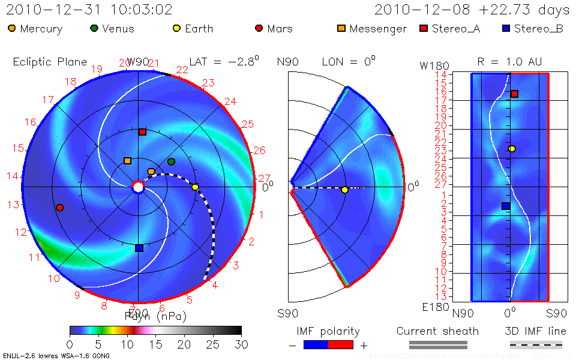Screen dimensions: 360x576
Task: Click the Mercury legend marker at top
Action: point(12,28)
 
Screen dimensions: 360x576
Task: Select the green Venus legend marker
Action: point(94,28)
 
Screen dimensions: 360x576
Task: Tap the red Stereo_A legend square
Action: point(423,28)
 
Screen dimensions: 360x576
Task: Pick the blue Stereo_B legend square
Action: point(506,28)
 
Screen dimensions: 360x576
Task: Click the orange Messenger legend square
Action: point(341,28)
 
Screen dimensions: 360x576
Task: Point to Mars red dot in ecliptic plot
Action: point(59,208)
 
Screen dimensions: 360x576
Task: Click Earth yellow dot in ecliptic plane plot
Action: point(195,187)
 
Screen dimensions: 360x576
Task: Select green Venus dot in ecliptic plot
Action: point(171,161)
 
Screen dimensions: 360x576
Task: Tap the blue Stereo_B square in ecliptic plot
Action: point(139,248)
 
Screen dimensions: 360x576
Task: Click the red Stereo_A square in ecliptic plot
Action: point(142,131)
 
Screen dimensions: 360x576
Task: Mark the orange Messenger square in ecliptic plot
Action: point(127,161)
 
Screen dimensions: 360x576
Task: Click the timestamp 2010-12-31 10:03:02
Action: point(89,10)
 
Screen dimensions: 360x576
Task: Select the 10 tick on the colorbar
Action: point(127,345)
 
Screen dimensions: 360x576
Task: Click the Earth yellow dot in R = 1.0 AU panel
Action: point(512,149)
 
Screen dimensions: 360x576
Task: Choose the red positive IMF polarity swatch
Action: point(341,345)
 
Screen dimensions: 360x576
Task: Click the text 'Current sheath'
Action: point(437,331)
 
